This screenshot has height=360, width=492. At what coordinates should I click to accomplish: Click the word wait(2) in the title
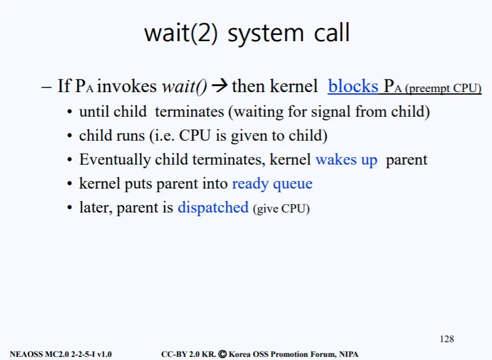click(181, 33)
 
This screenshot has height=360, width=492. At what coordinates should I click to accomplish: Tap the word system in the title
click(265, 34)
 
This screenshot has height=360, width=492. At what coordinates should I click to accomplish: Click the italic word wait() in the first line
click(184, 86)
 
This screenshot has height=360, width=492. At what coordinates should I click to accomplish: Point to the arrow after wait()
click(220, 85)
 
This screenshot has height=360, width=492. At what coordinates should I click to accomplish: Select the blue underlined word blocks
click(353, 86)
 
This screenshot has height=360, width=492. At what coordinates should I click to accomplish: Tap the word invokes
click(127, 86)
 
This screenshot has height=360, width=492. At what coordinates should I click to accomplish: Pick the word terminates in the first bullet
click(190, 112)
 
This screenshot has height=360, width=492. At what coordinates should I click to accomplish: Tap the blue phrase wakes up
click(346, 160)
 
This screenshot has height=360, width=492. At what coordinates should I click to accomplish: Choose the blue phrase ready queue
click(272, 184)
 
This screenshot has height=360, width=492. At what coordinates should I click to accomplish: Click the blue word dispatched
click(213, 208)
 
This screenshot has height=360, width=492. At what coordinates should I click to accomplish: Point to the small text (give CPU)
click(281, 209)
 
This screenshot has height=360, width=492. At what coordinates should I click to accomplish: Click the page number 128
click(447, 339)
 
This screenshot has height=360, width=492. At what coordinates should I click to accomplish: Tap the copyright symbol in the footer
click(222, 354)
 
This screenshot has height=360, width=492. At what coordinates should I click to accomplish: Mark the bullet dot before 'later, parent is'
click(69, 208)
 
